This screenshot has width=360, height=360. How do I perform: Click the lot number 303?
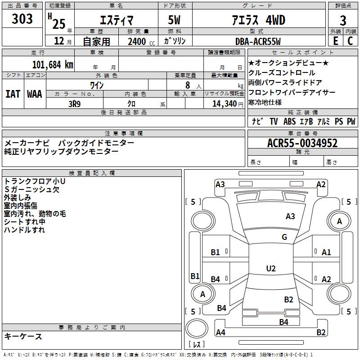tap(22, 19)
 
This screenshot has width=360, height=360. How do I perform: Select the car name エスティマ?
tap(116, 21)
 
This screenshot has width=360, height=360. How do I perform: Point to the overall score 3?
tap(343, 21)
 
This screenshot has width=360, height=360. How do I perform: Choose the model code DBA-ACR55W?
tap(257, 41)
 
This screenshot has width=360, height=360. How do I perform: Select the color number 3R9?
tap(74, 103)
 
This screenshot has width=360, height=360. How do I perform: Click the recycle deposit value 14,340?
tap(221, 103)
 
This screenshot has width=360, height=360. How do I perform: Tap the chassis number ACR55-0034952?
tap(302, 143)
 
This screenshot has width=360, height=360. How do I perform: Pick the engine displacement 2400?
tap(137, 41)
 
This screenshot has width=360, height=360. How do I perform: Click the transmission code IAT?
tap(13, 94)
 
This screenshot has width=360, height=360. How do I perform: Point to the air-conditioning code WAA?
tap(34, 94)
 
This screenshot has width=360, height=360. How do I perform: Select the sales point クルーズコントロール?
tap(282, 72)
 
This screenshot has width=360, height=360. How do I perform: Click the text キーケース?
tap(23, 336)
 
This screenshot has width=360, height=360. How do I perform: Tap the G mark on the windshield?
tap(284, 237)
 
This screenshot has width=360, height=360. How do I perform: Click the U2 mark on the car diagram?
tap(270, 269)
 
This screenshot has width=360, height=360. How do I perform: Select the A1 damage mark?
tap(326, 252)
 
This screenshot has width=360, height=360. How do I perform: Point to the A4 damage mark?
tap(220, 333)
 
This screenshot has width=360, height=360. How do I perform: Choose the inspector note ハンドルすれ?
tap(24, 230)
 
